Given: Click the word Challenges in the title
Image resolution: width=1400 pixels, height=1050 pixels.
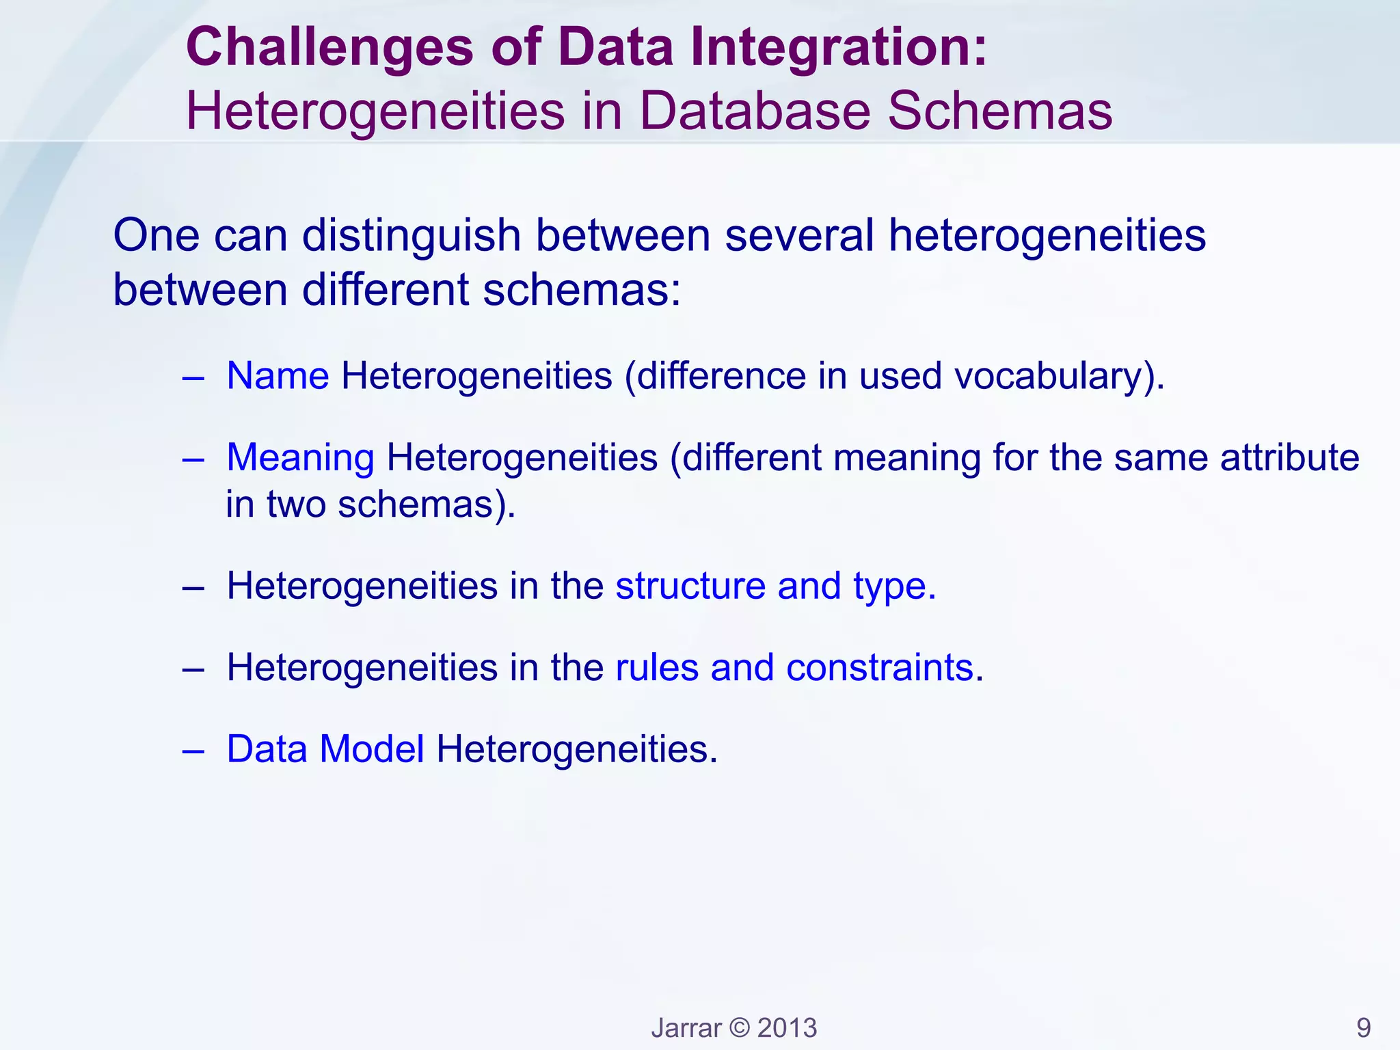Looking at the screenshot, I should (x=329, y=48).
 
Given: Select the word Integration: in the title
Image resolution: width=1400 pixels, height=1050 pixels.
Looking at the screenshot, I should (x=839, y=48).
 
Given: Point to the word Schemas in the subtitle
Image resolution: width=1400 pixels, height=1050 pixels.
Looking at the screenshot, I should (x=1000, y=111).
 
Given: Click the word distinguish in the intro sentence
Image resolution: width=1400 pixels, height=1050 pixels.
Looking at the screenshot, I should (x=412, y=237).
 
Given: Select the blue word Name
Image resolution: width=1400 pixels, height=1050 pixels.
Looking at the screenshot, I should (x=278, y=376).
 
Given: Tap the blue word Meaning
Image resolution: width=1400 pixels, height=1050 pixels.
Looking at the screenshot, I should (x=300, y=458).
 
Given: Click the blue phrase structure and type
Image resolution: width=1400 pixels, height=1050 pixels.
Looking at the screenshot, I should (x=775, y=587).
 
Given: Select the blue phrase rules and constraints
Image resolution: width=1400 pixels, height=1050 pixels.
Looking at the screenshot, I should (x=794, y=667).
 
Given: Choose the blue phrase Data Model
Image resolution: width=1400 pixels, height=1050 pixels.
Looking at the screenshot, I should (x=325, y=749).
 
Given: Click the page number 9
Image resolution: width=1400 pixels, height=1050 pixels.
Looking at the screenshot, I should (x=1363, y=1027).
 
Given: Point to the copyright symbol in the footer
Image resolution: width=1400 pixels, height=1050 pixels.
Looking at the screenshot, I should (x=739, y=1028).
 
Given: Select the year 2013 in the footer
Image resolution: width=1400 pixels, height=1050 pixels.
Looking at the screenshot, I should (x=787, y=1028).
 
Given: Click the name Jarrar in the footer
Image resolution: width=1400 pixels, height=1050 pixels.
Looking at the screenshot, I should (x=686, y=1028).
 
